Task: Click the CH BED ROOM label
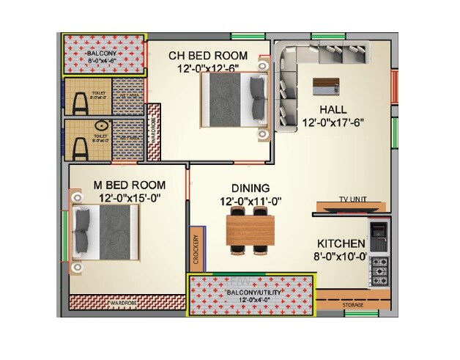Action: tap(207, 56)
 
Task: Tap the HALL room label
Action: tap(338, 111)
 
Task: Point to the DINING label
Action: tap(251, 188)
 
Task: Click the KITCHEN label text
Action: tap(341, 243)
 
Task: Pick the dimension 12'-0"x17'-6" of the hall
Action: tap(338, 125)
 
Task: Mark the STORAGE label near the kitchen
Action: tap(354, 304)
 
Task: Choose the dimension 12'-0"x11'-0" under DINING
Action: tap(251, 201)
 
